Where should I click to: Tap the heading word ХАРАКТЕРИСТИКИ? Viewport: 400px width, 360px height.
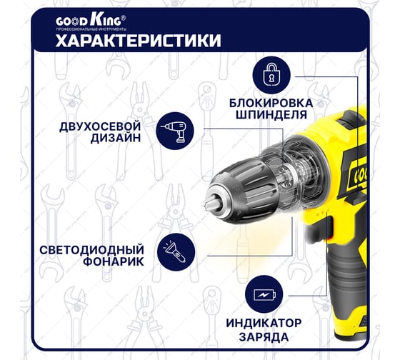coord(139,41)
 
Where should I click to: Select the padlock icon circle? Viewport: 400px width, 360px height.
coord(271,75)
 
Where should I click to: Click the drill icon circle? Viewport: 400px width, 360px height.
coord(175,131)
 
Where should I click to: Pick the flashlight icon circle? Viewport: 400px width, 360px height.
coord(176,252)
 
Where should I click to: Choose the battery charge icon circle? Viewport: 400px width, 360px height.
coord(264,294)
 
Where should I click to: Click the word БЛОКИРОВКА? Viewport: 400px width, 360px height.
coord(271,103)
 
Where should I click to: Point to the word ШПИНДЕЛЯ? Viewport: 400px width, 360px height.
coord(271,115)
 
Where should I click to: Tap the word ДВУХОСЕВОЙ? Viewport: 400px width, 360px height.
coord(100,127)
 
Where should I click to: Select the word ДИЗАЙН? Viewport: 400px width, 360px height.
coord(116,138)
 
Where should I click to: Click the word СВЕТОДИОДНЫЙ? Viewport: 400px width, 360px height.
coord(92,250)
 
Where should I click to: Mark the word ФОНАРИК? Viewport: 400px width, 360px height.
coord(114,261)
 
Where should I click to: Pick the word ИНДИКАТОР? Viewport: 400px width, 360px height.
coord(264,324)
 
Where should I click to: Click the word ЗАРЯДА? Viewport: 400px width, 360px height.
coord(264,337)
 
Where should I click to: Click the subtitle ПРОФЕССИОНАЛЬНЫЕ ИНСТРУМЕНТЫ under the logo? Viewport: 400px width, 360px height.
coord(91,29)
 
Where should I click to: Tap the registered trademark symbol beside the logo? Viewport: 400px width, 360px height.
coord(124,18)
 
